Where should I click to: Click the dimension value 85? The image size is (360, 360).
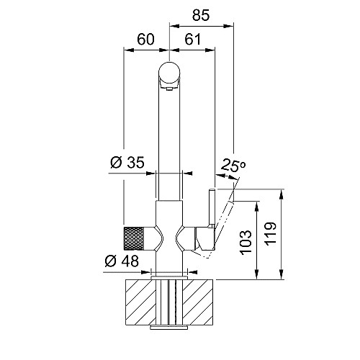coord(201,15)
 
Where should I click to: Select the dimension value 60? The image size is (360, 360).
coord(145,39)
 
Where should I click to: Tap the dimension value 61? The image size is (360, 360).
coord(192,39)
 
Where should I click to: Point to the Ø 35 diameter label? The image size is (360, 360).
coord(127,162)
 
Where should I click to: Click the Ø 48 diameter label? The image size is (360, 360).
coord(122,261)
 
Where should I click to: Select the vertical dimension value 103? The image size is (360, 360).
coord(246,243)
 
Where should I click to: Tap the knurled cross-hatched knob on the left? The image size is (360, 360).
coord(134,238)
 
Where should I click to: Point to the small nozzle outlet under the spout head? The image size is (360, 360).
coord(169,89)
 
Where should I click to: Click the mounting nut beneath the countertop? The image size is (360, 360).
coord(169,328)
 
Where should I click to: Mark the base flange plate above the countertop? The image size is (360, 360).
coord(169,278)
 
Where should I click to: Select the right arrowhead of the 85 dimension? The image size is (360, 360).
coord(229,26)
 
